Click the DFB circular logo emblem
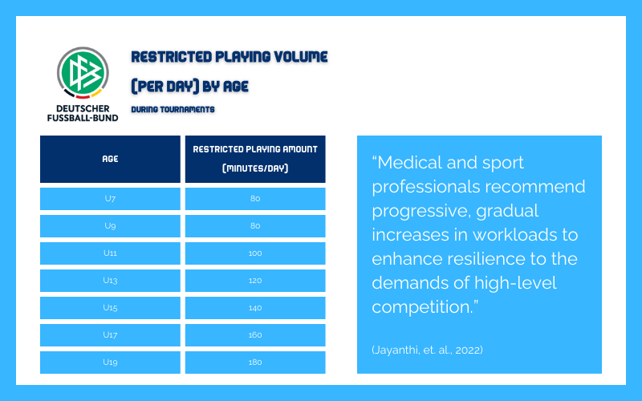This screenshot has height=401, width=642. [83, 73]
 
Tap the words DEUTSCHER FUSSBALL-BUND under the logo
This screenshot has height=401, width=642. [83, 113]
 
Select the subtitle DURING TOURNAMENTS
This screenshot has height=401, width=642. [173, 109]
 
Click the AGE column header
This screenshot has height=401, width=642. [110, 159]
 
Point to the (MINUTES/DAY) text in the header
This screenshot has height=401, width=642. [255, 168]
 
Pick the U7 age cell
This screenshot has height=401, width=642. [110, 199]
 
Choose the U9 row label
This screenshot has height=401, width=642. [110, 226]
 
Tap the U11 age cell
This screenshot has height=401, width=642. [110, 253]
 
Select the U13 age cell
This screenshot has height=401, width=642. [110, 281]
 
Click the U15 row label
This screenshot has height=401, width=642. [110, 308]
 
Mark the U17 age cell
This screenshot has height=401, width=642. [110, 335]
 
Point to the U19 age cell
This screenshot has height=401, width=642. [110, 363]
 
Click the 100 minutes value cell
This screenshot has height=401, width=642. [255, 253]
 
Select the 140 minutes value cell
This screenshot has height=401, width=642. [255, 308]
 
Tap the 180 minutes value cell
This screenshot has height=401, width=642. [255, 363]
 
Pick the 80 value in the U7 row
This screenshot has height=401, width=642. [255, 198]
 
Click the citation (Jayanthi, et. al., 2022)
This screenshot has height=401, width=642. [427, 350]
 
